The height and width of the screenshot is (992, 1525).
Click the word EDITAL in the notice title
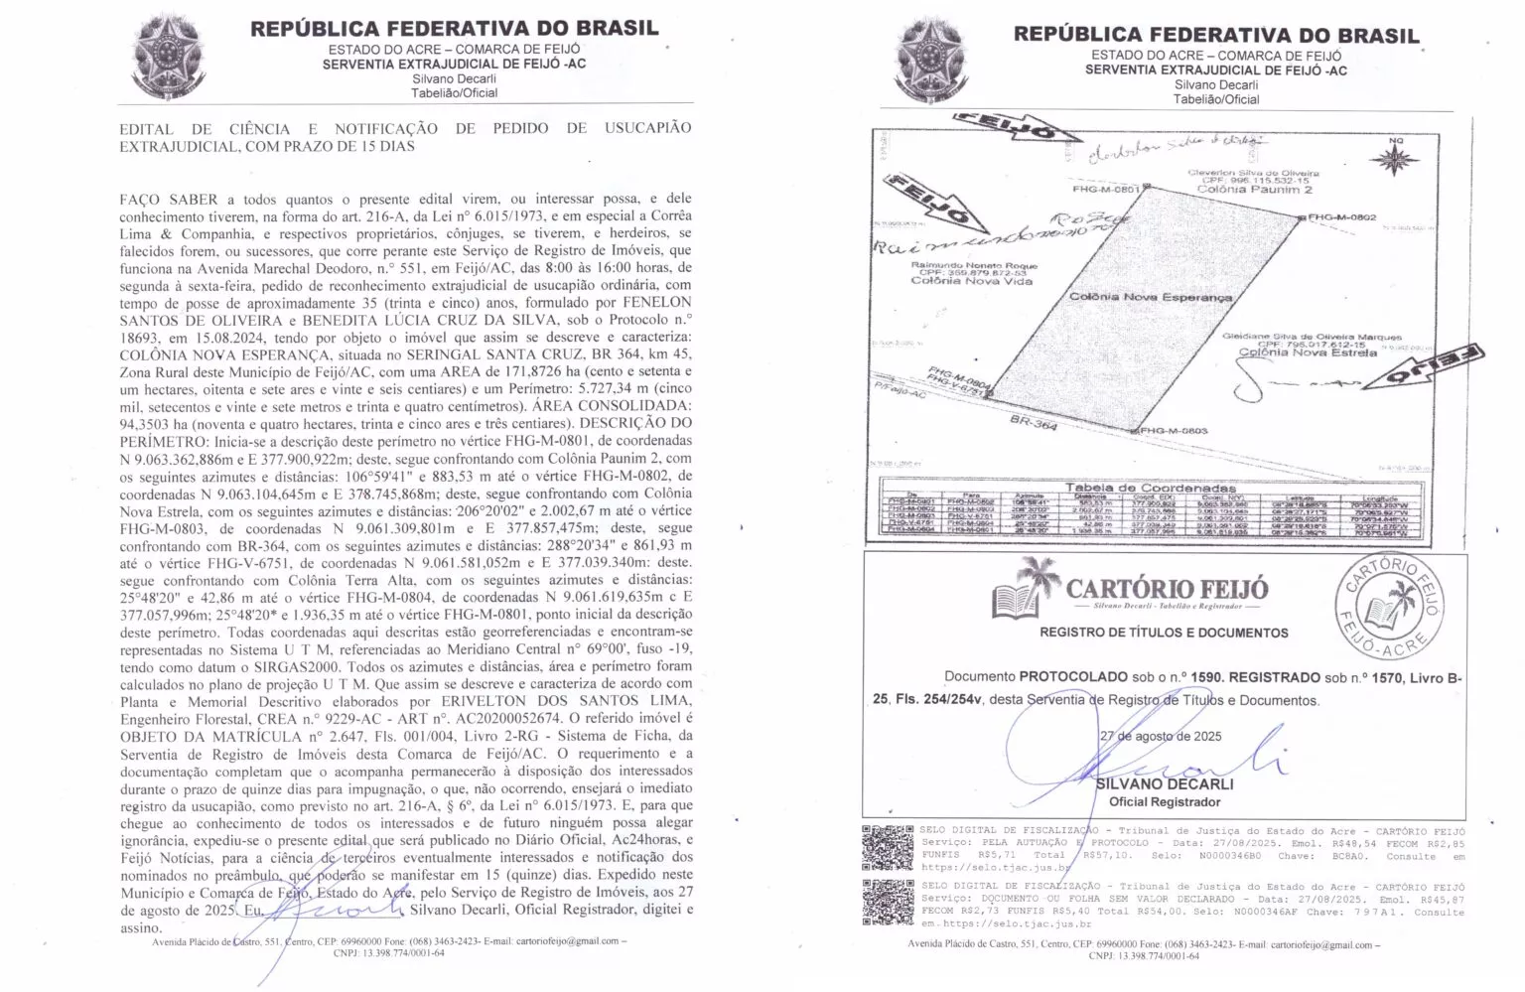click(x=146, y=128)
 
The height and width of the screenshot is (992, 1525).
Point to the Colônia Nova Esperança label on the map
click(x=1151, y=297)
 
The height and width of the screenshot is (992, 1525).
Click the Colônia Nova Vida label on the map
click(x=972, y=281)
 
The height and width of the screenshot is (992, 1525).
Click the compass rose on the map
click(x=1398, y=159)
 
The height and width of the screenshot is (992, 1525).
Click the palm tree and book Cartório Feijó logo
click(x=1025, y=588)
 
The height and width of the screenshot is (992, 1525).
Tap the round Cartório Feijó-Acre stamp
click(x=1389, y=607)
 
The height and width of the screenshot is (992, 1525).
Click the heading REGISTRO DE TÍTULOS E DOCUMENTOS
click(x=1164, y=633)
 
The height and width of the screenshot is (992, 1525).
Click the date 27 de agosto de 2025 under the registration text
click(x=1161, y=736)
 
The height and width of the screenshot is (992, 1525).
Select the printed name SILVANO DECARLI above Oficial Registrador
click(x=1158, y=783)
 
